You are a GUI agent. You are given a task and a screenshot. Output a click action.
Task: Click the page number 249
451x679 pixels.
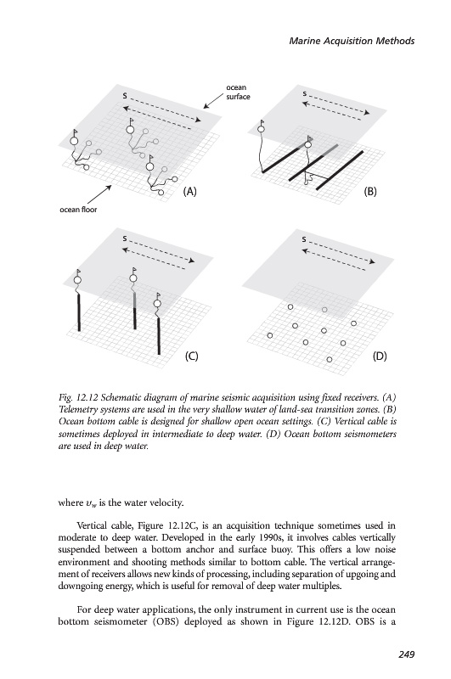point(406,654)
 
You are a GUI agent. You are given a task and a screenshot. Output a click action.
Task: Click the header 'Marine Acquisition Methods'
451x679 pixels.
point(352,41)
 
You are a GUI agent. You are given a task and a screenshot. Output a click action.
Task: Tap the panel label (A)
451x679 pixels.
point(189,192)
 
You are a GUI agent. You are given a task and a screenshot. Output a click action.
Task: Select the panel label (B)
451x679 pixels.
point(369,192)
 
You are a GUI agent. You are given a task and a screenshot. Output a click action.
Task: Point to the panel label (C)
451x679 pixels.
point(191,356)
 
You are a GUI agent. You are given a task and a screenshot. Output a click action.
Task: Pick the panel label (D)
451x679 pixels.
point(380,356)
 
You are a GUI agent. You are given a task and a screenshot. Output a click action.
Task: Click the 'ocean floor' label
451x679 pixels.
point(78,210)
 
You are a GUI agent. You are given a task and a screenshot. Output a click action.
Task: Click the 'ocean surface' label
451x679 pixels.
point(238,93)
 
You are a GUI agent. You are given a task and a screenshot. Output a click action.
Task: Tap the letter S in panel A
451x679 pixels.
point(125,96)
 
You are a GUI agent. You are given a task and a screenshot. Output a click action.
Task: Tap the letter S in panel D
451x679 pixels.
point(304,239)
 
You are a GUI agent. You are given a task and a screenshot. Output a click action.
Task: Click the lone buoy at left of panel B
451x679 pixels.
point(261,129)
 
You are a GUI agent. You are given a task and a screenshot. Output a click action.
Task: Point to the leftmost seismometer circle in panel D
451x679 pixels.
point(270,335)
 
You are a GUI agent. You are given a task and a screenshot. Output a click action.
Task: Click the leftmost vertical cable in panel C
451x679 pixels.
point(79,312)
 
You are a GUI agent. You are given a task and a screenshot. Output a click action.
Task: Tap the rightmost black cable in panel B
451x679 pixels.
point(340,171)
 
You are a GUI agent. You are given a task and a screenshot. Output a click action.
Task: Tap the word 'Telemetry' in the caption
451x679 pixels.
point(76,410)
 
